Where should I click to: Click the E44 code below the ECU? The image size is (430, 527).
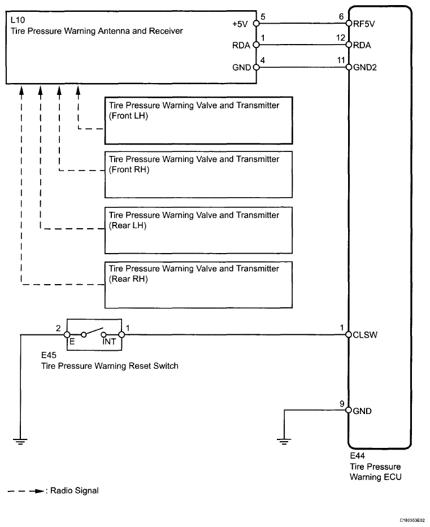(358, 456)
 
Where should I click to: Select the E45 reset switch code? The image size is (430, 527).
(49, 356)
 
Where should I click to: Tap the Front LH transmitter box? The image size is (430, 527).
(198, 121)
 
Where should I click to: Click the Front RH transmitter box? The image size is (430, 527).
(198, 175)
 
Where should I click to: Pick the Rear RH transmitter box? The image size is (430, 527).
(198, 285)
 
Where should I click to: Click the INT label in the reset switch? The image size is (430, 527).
(108, 342)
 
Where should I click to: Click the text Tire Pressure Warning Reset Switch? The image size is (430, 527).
(110, 366)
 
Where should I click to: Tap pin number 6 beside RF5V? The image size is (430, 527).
(342, 17)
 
